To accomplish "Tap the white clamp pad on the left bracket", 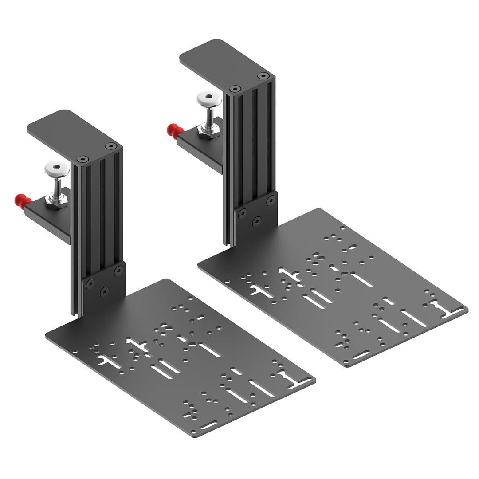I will coord(56,168).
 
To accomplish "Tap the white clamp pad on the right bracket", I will coord(209,98).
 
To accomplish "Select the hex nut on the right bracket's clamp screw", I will coord(207,131).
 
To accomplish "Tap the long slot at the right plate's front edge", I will coord(361,355).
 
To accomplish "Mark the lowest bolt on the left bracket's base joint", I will coord(105,291).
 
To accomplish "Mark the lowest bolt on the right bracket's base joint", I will coord(256,220).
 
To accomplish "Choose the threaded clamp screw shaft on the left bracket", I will coord(58,186).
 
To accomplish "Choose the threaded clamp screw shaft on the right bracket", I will coord(208,116).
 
